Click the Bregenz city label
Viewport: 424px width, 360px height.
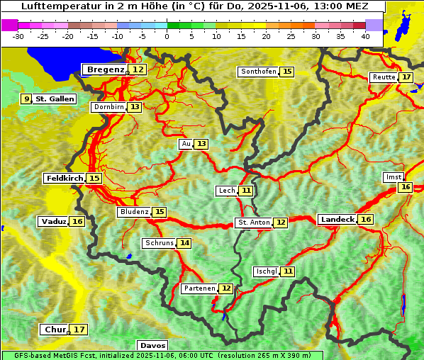(106, 69)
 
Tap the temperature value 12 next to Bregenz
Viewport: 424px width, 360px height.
(138, 69)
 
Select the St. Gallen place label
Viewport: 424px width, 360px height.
(55, 99)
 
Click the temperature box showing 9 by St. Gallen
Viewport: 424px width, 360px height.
(27, 99)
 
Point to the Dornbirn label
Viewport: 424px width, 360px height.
(108, 107)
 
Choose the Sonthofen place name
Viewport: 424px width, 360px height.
(258, 72)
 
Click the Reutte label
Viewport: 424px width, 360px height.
(384, 77)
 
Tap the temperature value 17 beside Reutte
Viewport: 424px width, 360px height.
(406, 77)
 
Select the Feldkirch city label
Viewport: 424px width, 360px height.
(65, 178)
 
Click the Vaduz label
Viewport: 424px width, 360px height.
(54, 221)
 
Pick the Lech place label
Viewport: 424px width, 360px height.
(227, 191)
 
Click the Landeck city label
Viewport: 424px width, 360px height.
(337, 220)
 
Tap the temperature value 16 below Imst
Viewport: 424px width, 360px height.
(405, 187)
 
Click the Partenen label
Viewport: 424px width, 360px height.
(199, 288)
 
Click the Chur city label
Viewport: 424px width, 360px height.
(55, 330)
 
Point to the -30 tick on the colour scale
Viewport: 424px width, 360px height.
(18, 35)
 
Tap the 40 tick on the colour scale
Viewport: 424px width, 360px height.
(365, 35)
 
